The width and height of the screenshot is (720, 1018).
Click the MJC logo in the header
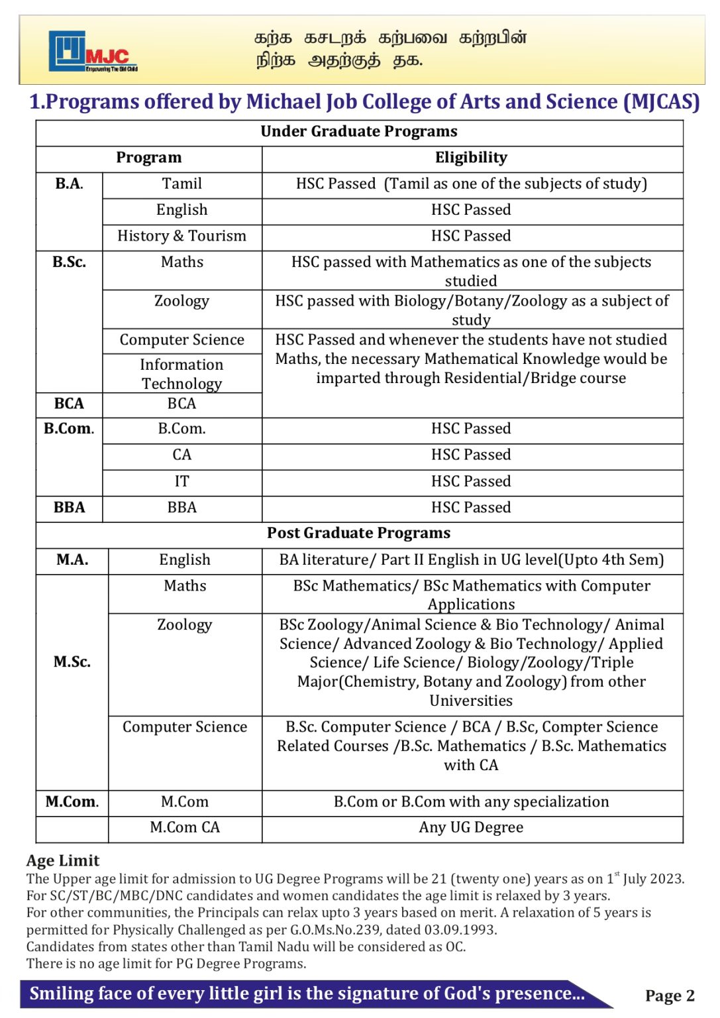point(92,52)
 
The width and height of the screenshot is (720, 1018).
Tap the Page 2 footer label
point(669,995)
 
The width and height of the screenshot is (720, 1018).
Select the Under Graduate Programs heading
point(358,131)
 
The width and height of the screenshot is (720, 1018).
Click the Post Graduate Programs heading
point(358,533)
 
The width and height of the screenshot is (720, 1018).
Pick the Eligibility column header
point(471,158)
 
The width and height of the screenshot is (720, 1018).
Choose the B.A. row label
point(69,184)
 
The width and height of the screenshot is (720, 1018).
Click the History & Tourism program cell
point(181,236)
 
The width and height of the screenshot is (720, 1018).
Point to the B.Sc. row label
point(69,262)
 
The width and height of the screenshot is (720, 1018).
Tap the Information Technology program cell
point(181,374)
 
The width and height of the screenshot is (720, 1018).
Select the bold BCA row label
point(69,404)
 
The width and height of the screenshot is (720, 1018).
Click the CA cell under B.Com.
point(181,455)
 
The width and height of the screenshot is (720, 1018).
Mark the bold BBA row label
point(69,508)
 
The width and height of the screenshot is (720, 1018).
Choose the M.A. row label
point(72,560)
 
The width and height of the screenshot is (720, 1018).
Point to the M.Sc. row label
point(72,661)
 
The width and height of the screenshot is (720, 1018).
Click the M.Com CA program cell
point(184,827)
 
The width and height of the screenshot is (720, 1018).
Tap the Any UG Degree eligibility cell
point(471,827)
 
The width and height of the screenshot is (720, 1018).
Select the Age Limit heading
point(63,860)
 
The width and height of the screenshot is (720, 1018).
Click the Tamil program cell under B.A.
point(181,184)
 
